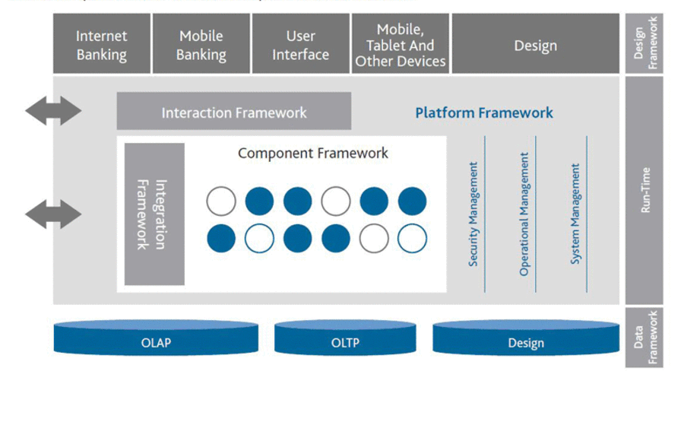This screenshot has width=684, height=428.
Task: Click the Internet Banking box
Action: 102,43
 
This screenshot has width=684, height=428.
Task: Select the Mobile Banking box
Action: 201,43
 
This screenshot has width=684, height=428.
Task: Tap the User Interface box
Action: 300,43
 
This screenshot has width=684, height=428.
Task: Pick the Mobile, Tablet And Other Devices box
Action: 401,43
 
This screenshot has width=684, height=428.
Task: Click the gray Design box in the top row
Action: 536,43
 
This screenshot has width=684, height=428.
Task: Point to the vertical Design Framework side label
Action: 644,43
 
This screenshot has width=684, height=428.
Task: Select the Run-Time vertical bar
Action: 644,190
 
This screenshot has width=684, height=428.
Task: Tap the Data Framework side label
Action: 644,338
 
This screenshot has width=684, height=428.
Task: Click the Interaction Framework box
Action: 234,111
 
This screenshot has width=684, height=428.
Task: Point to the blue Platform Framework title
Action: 484,113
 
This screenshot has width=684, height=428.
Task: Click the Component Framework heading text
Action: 313,153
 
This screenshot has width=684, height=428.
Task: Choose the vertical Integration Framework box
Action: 154,214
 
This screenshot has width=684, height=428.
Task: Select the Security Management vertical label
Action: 473,214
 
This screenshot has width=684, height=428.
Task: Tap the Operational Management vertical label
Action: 524,214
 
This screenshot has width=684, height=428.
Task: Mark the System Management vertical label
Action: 575,214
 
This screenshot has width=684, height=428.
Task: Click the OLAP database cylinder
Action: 156,338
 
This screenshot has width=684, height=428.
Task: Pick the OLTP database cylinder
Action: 345,338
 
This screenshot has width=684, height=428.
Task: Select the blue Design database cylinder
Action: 526,338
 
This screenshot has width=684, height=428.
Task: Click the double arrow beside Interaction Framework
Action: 53,111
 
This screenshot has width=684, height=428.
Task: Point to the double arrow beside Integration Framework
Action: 53,214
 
